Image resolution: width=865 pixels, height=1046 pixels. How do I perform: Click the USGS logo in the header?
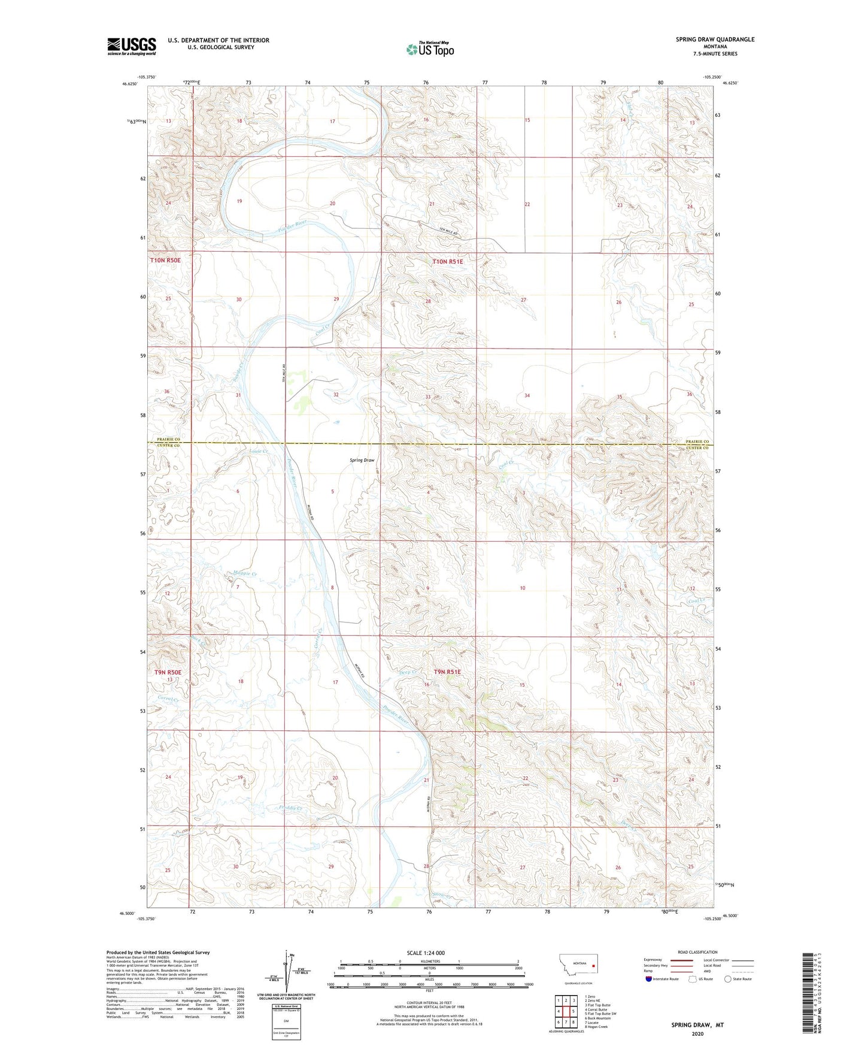(132, 46)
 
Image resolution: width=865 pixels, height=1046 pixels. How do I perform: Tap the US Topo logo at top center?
(430, 49)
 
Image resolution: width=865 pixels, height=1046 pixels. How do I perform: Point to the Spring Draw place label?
(362, 460)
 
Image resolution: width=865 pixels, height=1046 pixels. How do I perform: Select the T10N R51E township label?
(448, 261)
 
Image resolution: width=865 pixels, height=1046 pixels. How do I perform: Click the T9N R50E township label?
(168, 672)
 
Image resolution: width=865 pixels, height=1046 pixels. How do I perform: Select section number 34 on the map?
(527, 395)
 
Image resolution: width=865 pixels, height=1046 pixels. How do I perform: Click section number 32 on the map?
(336, 395)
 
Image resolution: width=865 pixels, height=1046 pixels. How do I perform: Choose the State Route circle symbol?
(728, 979)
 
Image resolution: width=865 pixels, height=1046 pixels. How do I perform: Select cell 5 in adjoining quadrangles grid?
(573, 1011)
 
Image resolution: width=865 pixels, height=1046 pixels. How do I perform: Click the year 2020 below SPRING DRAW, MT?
(697, 1034)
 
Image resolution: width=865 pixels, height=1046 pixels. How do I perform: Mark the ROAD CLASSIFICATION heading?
(697, 952)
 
